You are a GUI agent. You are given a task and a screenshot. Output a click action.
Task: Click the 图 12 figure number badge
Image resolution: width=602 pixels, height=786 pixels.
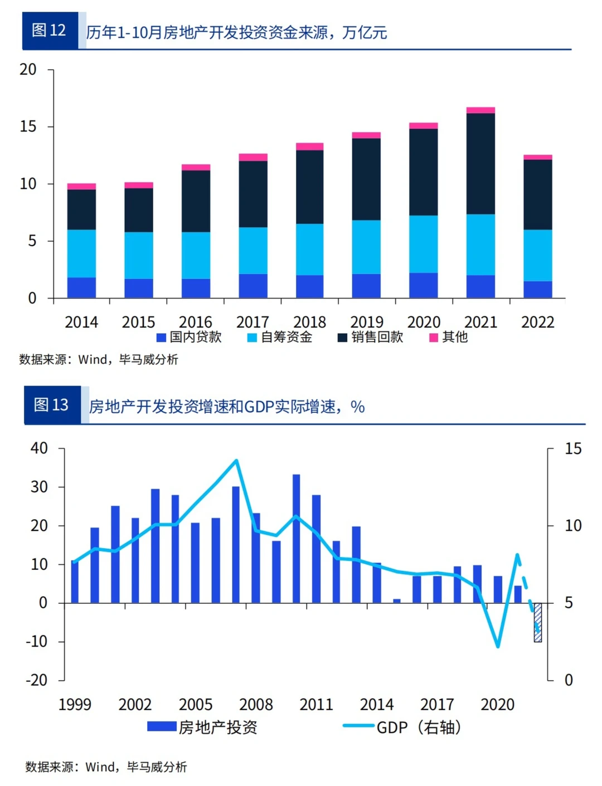(x=50, y=31)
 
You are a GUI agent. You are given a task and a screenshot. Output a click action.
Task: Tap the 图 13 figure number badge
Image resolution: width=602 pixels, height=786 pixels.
(x=52, y=404)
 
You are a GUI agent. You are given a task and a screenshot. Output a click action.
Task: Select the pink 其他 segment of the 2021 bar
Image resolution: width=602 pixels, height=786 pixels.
(x=480, y=110)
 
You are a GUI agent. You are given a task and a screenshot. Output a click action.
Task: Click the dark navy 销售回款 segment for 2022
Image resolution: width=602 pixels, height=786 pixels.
(x=537, y=194)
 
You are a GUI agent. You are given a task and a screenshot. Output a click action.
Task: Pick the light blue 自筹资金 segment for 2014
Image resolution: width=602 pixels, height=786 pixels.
(x=81, y=253)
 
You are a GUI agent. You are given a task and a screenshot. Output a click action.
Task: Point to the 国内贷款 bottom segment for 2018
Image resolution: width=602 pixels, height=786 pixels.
(x=309, y=286)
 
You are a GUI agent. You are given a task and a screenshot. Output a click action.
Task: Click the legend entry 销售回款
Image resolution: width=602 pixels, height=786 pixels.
(x=371, y=337)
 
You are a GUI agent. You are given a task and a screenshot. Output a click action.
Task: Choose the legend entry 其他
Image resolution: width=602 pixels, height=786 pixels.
(x=449, y=337)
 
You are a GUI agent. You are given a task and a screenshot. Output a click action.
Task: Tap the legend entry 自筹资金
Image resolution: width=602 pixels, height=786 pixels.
(x=280, y=337)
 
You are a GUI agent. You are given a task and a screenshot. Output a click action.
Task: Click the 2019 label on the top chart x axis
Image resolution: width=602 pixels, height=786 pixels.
(x=366, y=322)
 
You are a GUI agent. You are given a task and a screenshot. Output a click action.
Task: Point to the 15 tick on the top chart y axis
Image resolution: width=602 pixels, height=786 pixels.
(x=28, y=126)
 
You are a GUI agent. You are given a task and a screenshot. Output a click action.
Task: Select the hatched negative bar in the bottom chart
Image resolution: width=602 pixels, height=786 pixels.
(x=537, y=622)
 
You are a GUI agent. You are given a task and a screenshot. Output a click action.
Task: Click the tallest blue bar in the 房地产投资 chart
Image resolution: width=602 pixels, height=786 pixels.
(x=297, y=538)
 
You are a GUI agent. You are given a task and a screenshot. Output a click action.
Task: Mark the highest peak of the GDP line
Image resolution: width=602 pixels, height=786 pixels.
(x=236, y=461)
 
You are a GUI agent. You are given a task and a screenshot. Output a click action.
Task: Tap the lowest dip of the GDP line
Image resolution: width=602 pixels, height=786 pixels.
(x=497, y=646)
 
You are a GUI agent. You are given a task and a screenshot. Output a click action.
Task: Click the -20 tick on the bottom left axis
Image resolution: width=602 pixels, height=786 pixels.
(x=36, y=680)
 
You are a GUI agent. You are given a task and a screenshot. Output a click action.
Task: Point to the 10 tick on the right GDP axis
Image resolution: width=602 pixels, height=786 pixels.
(x=572, y=525)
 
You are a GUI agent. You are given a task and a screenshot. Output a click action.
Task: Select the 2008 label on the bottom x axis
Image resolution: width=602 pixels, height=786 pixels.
(x=256, y=704)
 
